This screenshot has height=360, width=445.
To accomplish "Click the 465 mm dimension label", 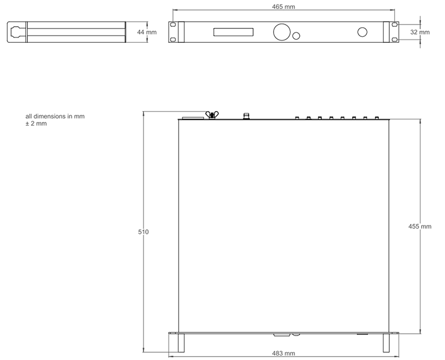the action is click(x=283, y=7).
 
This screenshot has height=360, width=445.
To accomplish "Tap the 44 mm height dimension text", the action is click(x=147, y=32).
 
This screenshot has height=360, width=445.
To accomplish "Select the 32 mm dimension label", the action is click(x=420, y=32).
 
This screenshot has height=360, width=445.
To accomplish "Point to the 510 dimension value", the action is click(x=144, y=232).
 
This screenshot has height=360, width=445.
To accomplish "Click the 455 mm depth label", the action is click(x=420, y=226).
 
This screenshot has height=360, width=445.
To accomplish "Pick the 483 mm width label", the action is click(x=284, y=353).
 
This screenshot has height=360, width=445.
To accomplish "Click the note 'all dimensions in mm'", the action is click(x=55, y=116).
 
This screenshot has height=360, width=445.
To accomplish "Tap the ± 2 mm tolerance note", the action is click(x=36, y=124).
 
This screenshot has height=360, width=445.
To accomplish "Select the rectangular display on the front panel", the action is click(x=233, y=32).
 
